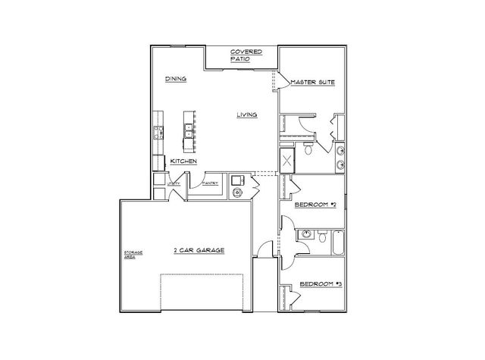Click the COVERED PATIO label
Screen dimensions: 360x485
coord(247,55)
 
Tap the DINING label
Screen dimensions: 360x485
coord(176,79)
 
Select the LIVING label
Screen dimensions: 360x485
coord(247,115)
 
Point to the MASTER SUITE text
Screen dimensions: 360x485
coord(313,82)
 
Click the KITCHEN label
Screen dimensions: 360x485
coord(184,161)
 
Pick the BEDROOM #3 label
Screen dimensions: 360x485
coord(321,283)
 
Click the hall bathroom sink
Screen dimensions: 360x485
coord(305,233)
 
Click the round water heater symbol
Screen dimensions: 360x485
coord(237,193)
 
